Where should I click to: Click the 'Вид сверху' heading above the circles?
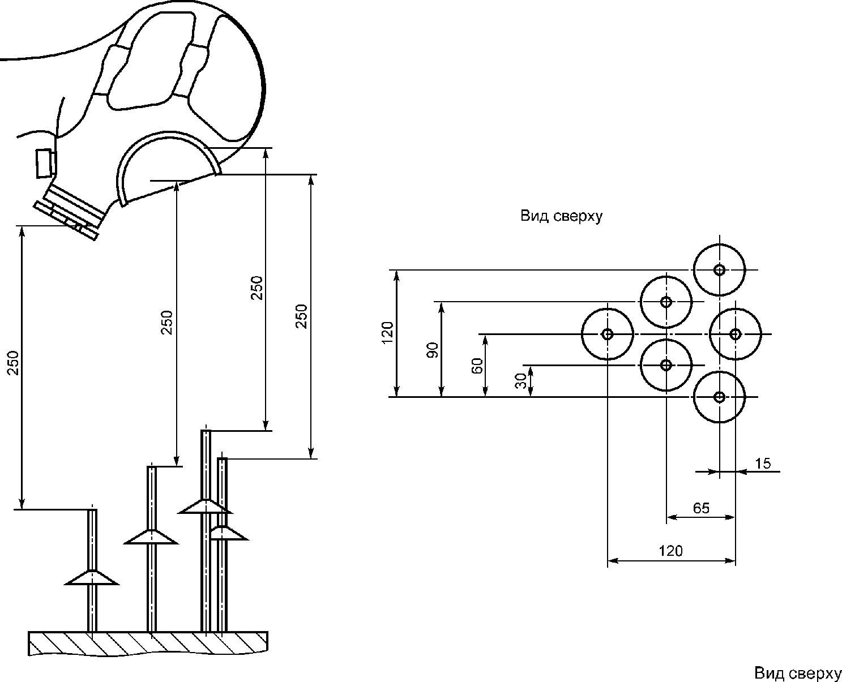561,217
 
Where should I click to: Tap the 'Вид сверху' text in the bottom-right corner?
798,673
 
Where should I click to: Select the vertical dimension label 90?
433,350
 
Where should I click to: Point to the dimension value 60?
477,366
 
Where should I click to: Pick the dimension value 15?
763,464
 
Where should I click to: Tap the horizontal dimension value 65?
701,508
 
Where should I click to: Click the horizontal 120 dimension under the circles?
671,551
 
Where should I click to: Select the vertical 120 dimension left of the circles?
388,333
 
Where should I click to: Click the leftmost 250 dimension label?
14,363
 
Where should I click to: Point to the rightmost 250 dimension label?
302,316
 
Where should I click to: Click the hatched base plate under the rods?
148,644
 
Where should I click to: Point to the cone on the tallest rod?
205,507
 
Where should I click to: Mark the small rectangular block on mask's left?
45,163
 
